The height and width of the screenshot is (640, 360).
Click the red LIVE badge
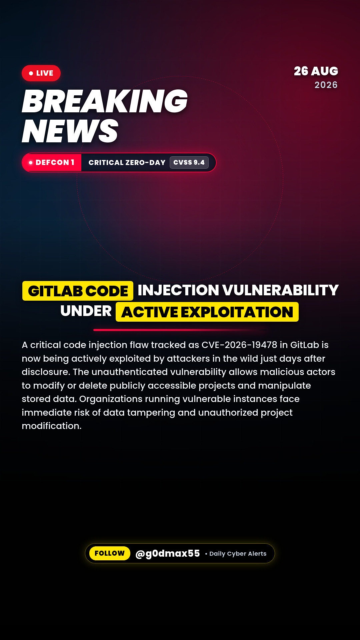pos(41,73)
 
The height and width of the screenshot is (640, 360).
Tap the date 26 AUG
pos(316,71)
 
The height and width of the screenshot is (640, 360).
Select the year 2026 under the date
pos(326,85)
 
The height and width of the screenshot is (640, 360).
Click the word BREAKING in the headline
pos(105,101)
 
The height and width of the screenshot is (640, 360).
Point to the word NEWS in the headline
pos(70,131)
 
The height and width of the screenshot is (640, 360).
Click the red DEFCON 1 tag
pos(52,162)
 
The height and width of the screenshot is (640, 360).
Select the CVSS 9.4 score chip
pos(189,162)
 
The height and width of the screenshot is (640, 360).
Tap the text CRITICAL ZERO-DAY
pos(127,163)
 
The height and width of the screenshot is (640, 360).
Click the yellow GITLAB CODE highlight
pos(78,291)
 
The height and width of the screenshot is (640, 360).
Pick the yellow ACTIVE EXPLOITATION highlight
pos(207,312)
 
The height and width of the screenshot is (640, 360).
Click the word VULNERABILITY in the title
pos(280,290)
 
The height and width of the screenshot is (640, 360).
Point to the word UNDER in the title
pos(86,311)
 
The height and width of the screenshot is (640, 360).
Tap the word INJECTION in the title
pos(178,290)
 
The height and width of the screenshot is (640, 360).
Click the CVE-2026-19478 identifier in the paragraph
pos(239,345)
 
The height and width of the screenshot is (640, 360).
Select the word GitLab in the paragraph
pos(305,345)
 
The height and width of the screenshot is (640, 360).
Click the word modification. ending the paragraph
pos(52,426)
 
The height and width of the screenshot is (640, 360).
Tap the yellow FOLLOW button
pos(110,553)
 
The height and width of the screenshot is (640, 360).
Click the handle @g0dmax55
pos(168,553)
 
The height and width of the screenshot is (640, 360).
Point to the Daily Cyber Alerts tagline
pos(238,554)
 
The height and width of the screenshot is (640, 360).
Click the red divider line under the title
pos(180,330)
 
